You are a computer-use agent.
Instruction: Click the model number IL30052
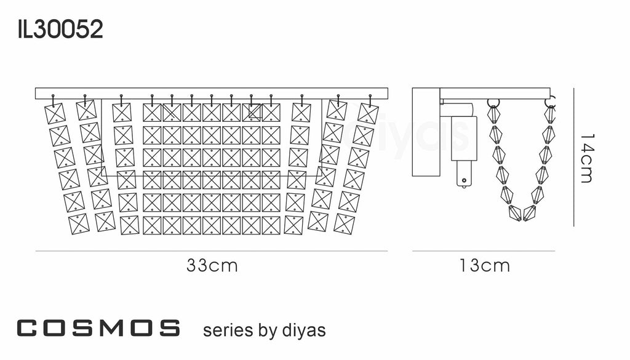[60, 29]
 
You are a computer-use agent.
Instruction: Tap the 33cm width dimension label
[212, 266]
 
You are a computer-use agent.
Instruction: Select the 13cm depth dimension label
[484, 266]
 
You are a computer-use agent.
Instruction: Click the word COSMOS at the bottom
[98, 329]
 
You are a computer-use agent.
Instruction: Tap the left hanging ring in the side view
[493, 103]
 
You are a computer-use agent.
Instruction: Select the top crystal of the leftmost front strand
[56, 113]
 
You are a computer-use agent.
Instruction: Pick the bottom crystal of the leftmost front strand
[79, 223]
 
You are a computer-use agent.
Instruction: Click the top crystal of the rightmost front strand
[368, 114]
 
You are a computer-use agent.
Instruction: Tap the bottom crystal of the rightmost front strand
[345, 223]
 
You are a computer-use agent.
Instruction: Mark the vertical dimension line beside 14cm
[573, 157]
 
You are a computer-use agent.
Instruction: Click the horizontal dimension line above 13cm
[484, 251]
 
